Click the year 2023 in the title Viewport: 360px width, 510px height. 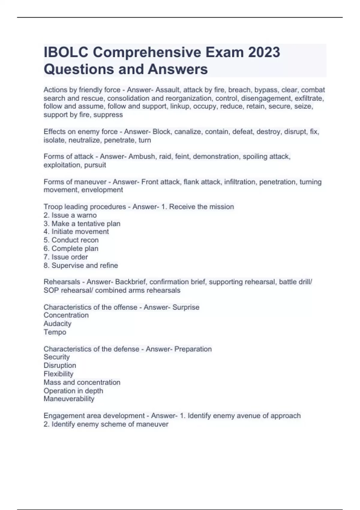(264, 52)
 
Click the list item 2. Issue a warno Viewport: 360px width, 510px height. (70, 215)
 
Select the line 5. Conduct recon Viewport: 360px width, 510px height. (71, 240)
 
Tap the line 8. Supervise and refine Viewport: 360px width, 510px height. (81, 265)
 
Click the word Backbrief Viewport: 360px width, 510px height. (130, 282)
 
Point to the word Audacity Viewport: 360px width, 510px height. (58, 324)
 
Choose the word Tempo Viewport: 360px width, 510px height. (55, 332)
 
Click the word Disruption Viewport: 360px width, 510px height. (60, 365)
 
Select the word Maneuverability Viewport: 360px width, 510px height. (69, 399)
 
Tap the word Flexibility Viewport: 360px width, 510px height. (58, 374)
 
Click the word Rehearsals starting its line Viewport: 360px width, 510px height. (62, 282)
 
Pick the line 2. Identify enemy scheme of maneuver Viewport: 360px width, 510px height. (106, 424)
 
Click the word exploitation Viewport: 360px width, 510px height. (62, 165)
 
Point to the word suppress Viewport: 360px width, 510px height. (108, 115)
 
